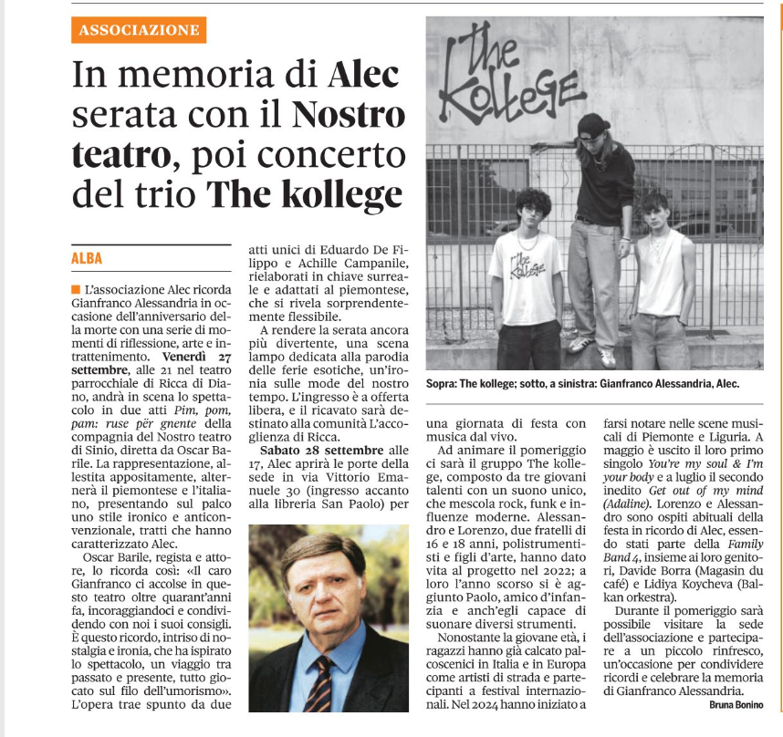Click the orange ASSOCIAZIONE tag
pyautogui.click(x=139, y=30)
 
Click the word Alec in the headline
pyautogui.click(x=363, y=74)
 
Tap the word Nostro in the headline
pyautogui.click(x=349, y=116)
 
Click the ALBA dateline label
pyautogui.click(x=88, y=258)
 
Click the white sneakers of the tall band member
pyautogui.click(x=592, y=350)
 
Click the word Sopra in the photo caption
pyautogui.click(x=444, y=384)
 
